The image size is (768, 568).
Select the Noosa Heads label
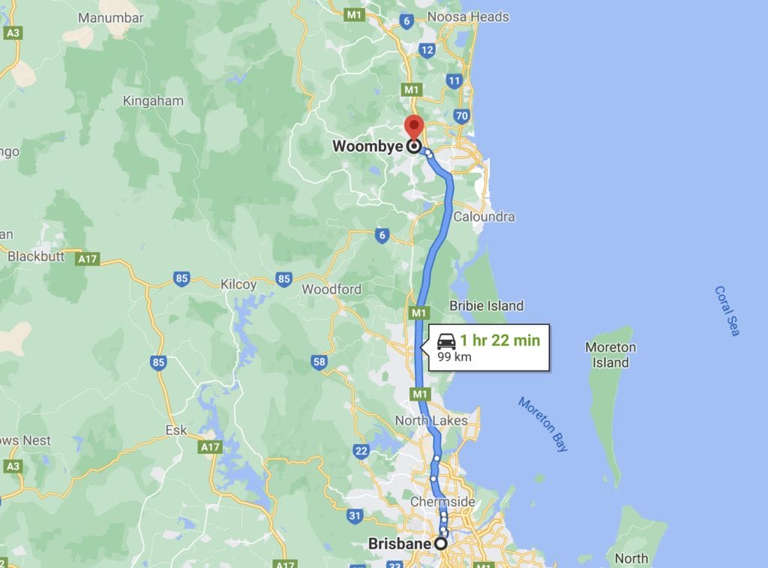tap(467, 17)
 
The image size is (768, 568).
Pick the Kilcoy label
tap(238, 284)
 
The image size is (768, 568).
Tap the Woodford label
tap(331, 289)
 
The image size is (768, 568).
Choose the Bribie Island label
tap(486, 306)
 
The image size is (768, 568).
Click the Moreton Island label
tap(610, 355)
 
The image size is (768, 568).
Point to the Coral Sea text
tap(727, 311)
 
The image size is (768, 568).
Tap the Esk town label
tap(175, 431)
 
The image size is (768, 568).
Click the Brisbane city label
tap(399, 543)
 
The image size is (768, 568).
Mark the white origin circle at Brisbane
tap(441, 543)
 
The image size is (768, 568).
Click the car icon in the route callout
tap(445, 341)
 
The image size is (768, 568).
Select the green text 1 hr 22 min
tap(499, 341)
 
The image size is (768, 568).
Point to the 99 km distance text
tap(455, 357)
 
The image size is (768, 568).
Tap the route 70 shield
tap(461, 116)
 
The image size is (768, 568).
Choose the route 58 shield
tap(319, 362)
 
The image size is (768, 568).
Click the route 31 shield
tap(355, 515)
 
